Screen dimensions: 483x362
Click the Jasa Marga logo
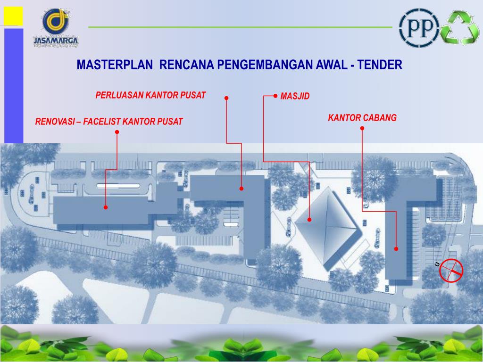tap(56, 28)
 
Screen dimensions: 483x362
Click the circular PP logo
tap(419, 27)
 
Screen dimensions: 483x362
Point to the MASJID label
tap(295, 96)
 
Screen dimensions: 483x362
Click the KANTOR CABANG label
tap(362, 117)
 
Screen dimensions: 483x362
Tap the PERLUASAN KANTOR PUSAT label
tap(150, 95)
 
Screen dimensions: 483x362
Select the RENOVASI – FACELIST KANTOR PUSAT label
tap(108, 122)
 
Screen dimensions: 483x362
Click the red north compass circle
tap(451, 271)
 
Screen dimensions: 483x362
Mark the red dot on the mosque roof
tap(309, 220)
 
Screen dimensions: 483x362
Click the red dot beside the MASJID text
tap(275, 95)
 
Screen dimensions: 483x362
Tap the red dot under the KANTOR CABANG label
tap(362, 128)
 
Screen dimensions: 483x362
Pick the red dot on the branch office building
tap(396, 249)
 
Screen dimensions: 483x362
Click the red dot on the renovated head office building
tap(106, 207)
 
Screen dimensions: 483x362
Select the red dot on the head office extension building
tap(241, 189)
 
